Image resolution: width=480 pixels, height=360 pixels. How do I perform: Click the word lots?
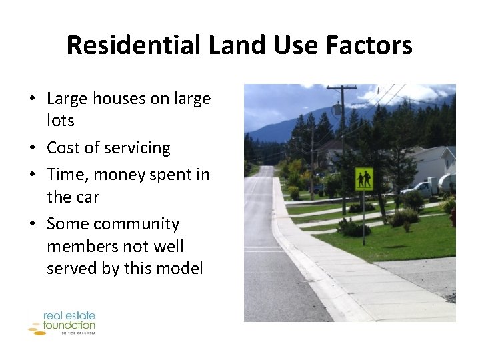coord(61,121)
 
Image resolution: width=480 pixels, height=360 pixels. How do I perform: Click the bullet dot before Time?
coord(32,175)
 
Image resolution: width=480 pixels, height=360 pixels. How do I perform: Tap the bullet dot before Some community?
coord(32,225)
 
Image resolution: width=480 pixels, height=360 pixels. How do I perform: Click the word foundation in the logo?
coord(69,325)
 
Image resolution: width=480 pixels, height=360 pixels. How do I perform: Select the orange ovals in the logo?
coord(37,328)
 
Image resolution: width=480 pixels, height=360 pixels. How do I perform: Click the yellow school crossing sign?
coord(364,179)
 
